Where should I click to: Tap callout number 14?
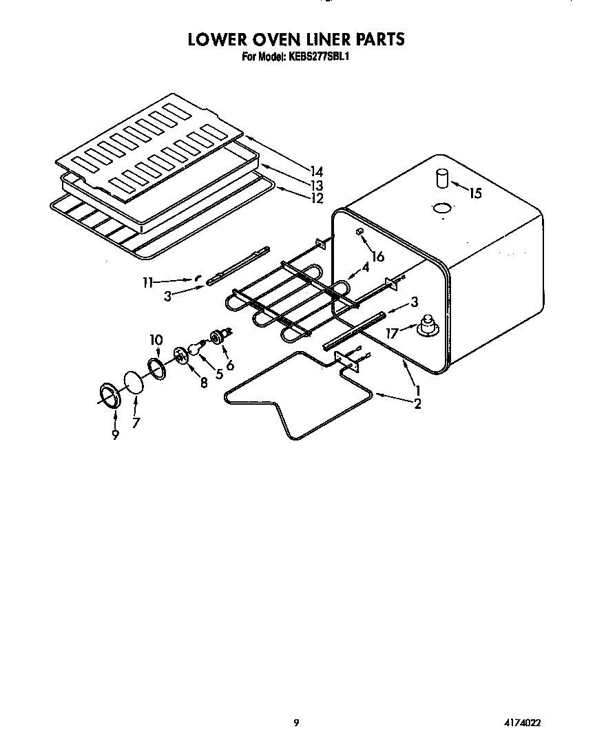[316, 171]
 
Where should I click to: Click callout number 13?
[316, 186]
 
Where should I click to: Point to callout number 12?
[316, 199]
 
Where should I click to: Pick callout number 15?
[474, 193]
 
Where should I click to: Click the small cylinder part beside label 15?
[441, 179]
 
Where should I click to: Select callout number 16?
[377, 257]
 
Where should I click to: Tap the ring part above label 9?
[107, 395]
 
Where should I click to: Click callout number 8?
[204, 383]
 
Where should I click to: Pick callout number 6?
[230, 365]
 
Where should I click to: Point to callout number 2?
[417, 404]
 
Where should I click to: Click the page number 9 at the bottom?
[296, 723]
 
